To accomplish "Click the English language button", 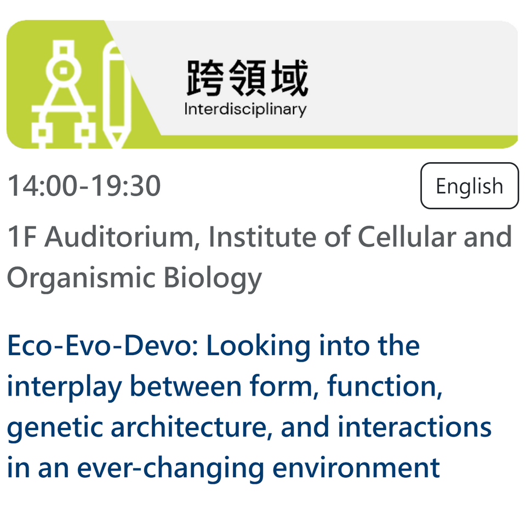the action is tap(470, 186).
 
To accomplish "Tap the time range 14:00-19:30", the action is tap(84, 186).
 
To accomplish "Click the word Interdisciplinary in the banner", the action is tap(245, 110).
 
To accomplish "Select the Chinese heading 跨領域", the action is tap(247, 77).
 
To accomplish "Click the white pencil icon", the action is tap(116, 95).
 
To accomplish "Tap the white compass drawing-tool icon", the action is tap(64, 95).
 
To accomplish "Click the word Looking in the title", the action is tap(259, 346).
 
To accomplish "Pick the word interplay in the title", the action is tap(64, 387).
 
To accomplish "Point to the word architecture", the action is tap(192, 426).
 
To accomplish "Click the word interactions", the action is tap(415, 426).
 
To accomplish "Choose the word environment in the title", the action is tap(356, 468).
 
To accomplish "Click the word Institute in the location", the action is tap(262, 237).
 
